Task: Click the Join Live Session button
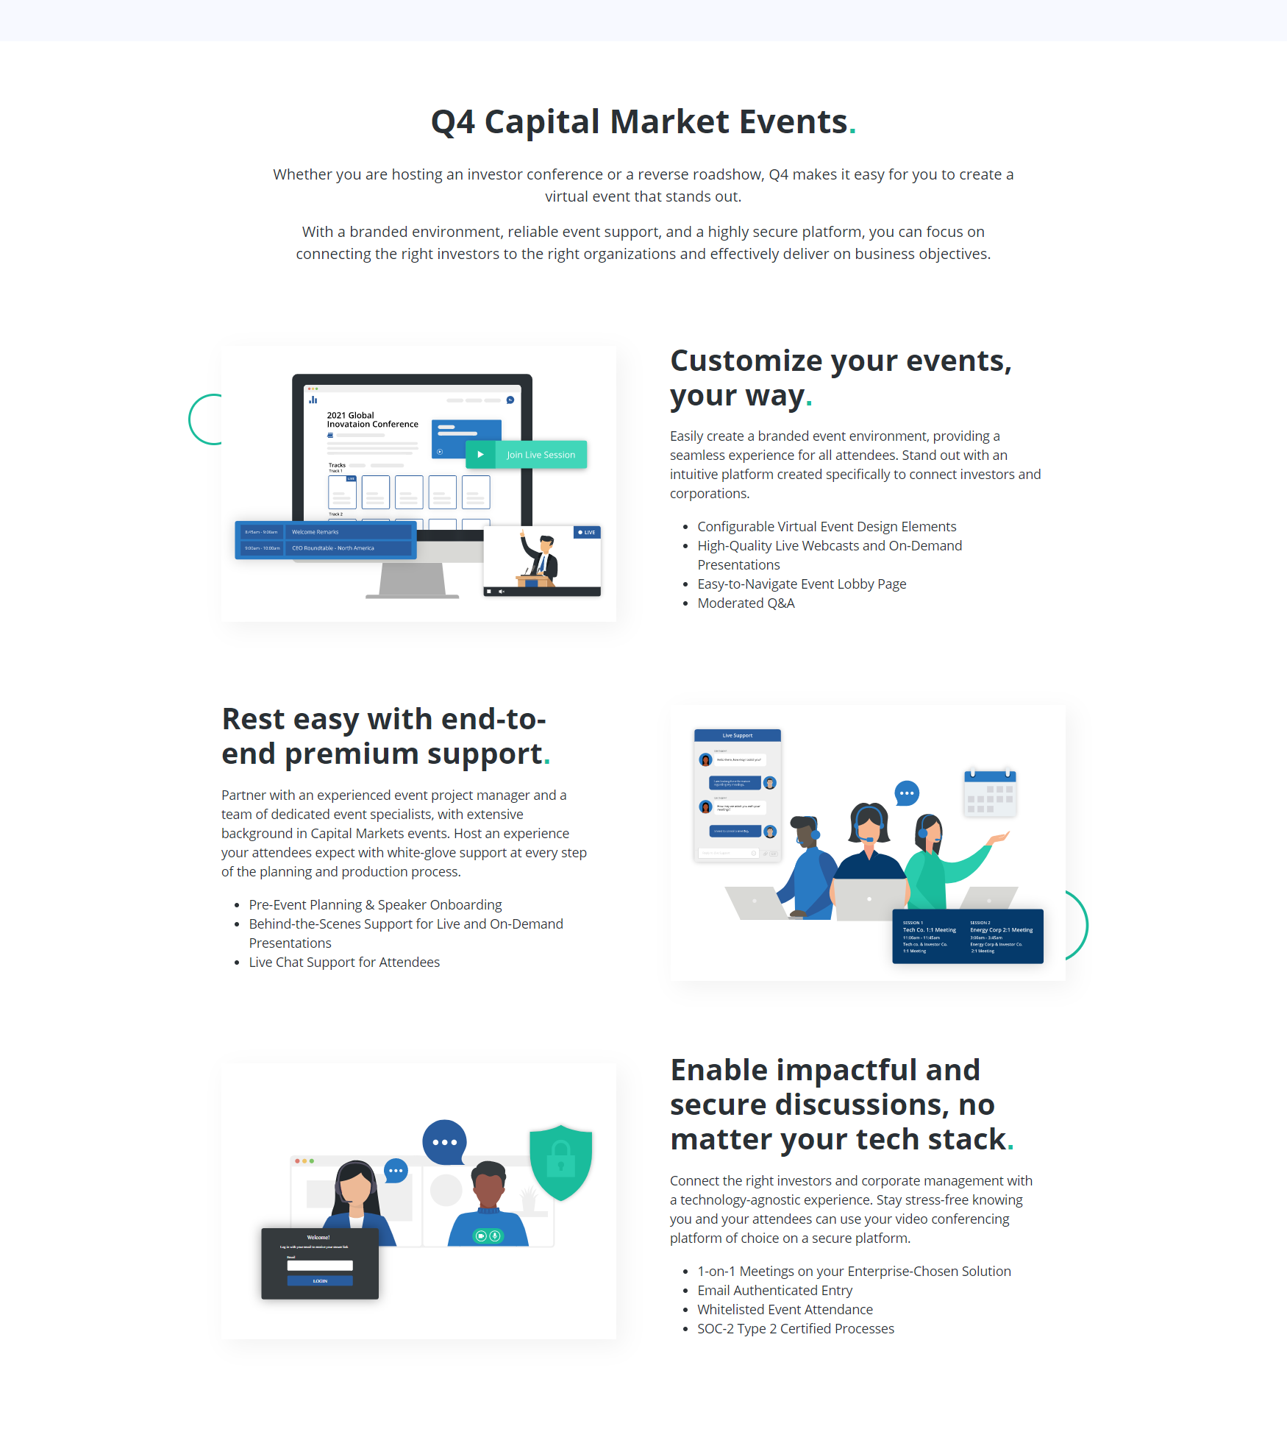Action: click(527, 455)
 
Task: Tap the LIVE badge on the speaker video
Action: click(587, 532)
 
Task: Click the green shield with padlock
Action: click(560, 1162)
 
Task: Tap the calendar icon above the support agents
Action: click(990, 793)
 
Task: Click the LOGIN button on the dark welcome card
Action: click(320, 1281)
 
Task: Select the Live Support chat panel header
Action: click(737, 735)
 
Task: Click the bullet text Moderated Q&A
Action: click(746, 603)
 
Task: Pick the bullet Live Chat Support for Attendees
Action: click(344, 963)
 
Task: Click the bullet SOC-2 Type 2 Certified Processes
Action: click(796, 1329)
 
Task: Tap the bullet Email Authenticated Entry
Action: click(774, 1291)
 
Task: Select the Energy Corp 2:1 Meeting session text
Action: click(1001, 930)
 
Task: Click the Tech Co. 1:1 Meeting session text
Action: click(930, 930)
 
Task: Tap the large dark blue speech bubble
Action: click(444, 1142)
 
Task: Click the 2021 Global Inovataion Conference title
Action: click(372, 420)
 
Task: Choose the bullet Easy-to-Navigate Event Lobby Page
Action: click(802, 584)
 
